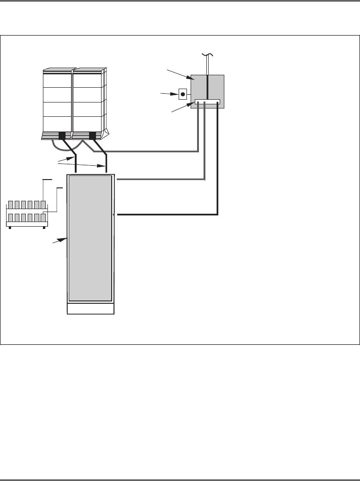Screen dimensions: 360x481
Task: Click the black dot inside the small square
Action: [x=183, y=94]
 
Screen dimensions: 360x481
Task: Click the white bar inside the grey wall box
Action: [x=207, y=102]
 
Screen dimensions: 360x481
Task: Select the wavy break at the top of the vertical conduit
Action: [x=207, y=56]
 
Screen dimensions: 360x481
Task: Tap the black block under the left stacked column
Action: [x=62, y=136]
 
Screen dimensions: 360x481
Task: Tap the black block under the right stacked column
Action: [x=92, y=136]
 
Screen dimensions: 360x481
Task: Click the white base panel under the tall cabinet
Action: [x=90, y=308]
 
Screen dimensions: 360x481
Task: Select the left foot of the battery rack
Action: [x=10, y=228]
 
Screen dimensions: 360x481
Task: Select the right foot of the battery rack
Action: [x=44, y=228]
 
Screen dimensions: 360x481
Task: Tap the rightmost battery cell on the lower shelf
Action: [x=43, y=218]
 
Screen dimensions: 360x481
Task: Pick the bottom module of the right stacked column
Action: [x=88, y=124]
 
